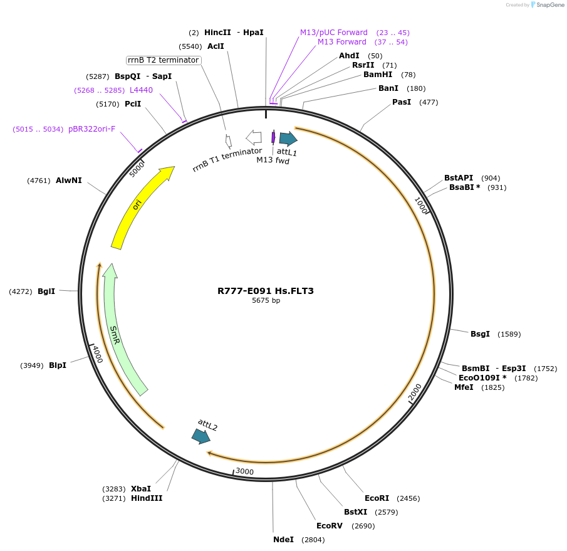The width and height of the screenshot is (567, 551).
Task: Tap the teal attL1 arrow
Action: [x=288, y=139]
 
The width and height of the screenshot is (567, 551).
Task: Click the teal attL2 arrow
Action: [x=201, y=436]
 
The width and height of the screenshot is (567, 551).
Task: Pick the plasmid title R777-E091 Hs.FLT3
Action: [x=266, y=291]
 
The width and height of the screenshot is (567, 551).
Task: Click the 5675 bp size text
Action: [x=266, y=301]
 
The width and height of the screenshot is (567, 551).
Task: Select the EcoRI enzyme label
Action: [x=377, y=498]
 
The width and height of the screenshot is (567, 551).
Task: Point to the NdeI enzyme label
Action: [x=283, y=540]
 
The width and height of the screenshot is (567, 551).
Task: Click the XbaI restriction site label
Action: [x=141, y=489]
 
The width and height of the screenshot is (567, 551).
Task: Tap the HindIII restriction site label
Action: [x=147, y=498]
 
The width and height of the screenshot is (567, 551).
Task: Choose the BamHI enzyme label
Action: [x=378, y=75]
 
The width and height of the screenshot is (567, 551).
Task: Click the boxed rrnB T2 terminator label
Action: [x=164, y=60]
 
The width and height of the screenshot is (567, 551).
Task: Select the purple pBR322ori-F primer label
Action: [x=91, y=129]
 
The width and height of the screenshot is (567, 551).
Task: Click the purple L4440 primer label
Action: [x=141, y=90]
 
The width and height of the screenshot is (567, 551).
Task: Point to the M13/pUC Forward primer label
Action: [x=333, y=33]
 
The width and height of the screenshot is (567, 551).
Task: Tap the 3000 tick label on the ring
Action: [x=244, y=471]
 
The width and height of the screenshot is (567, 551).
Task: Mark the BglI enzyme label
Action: [x=46, y=291]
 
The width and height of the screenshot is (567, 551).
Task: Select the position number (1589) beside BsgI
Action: [x=509, y=334]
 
